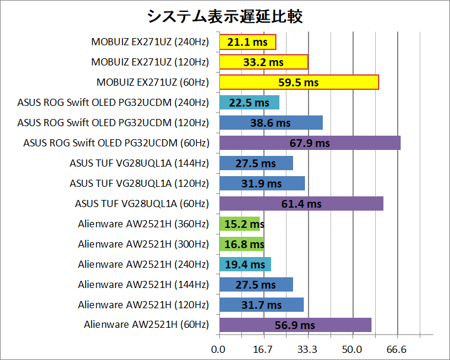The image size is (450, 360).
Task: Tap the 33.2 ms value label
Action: click(263, 62)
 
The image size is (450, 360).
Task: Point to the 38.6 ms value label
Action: click(271, 123)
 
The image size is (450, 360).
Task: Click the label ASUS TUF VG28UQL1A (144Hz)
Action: click(139, 163)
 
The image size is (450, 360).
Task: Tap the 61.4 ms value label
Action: click(301, 204)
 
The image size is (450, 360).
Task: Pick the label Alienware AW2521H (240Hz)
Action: click(143, 264)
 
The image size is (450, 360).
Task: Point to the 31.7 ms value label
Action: click(262, 305)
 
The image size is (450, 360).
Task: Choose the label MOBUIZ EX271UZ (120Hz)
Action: click(150, 62)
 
